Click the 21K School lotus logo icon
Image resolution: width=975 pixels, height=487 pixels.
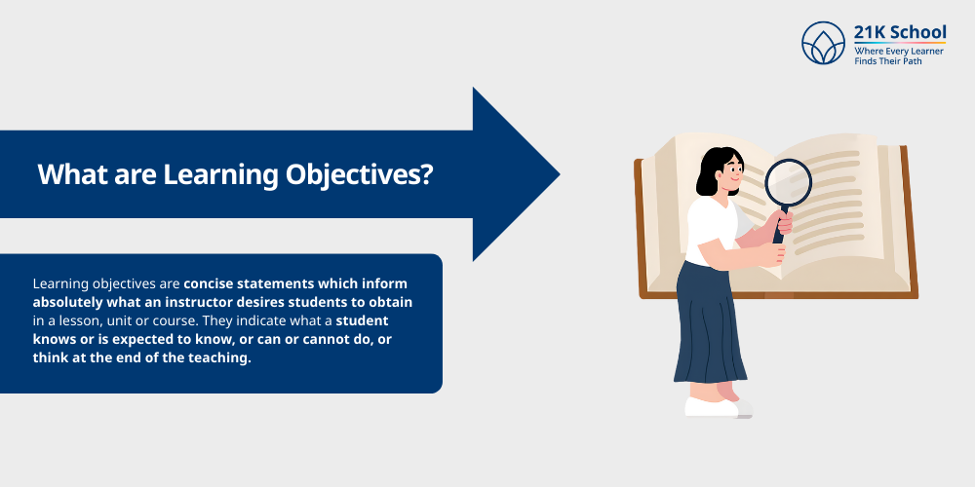(823, 43)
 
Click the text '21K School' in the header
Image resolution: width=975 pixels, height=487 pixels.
(899, 32)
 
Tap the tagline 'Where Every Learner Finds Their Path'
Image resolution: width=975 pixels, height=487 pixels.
(899, 56)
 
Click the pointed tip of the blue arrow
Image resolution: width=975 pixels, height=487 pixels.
(557, 175)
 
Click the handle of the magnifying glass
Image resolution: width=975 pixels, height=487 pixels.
(779, 229)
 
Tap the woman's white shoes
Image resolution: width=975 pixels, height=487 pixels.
(712, 406)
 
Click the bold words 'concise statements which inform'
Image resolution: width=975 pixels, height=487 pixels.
(295, 283)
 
